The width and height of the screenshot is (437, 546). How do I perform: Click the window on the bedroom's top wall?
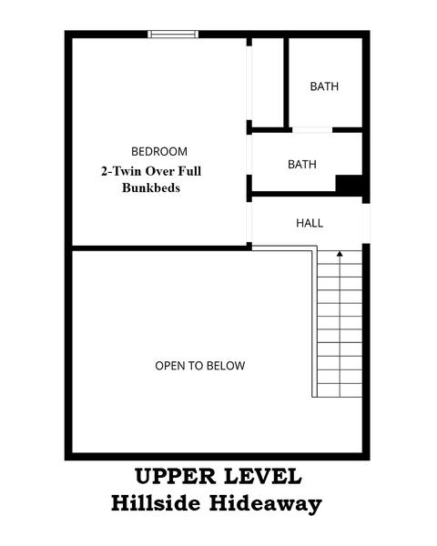coord(173,35)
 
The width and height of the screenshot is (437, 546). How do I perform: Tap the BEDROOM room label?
coord(159,151)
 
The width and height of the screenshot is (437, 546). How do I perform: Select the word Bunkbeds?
coord(150,188)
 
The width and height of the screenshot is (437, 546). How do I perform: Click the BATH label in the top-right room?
coord(324,87)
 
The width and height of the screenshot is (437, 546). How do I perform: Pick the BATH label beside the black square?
coord(302,165)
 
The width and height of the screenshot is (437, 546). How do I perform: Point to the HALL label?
coord(310,223)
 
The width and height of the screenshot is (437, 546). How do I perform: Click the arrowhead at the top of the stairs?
coord(340,255)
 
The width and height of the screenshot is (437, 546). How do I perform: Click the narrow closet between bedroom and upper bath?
coord(266,82)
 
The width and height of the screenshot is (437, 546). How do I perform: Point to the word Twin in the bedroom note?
coord(130,170)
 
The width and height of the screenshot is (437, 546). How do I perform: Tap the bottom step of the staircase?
coord(340,390)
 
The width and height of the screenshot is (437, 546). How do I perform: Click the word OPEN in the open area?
coord(169,366)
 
